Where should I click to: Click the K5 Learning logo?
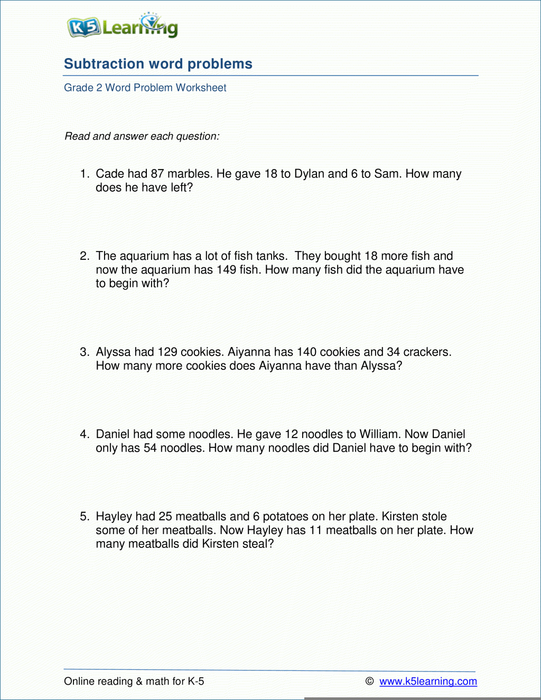click(123, 26)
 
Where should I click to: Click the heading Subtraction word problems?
click(158, 64)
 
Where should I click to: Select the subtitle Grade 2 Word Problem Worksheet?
click(145, 88)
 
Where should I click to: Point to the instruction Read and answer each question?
click(142, 136)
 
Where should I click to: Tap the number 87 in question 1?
click(157, 174)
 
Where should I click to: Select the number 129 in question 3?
click(167, 352)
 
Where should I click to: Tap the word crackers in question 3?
click(427, 352)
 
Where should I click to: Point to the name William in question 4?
click(379, 434)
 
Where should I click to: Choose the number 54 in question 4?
click(150, 448)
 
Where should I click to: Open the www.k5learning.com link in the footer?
click(428, 682)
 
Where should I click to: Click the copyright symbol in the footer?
click(370, 682)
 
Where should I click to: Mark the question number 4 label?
click(85, 434)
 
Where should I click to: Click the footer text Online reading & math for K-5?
click(134, 682)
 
